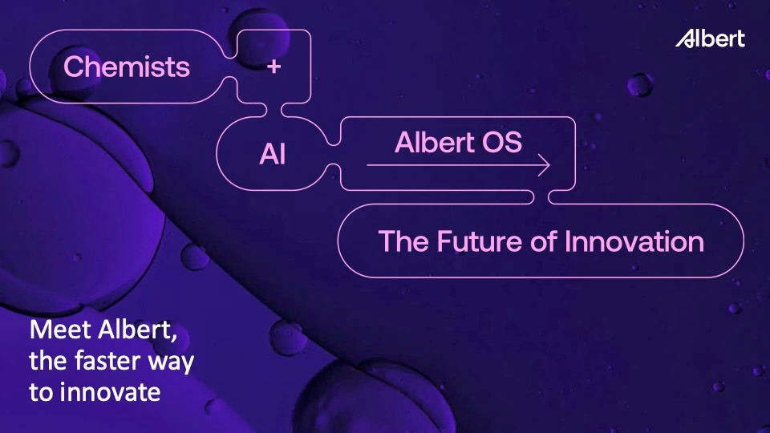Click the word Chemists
(127, 67)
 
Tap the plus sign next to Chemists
(274, 67)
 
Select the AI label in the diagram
(272, 154)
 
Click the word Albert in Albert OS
(434, 142)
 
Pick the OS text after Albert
(501, 143)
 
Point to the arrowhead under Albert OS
(544, 165)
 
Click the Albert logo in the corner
(710, 38)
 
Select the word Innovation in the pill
(634, 241)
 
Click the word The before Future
(403, 241)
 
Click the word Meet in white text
(61, 330)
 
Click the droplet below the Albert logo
(640, 86)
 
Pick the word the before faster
(49, 361)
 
